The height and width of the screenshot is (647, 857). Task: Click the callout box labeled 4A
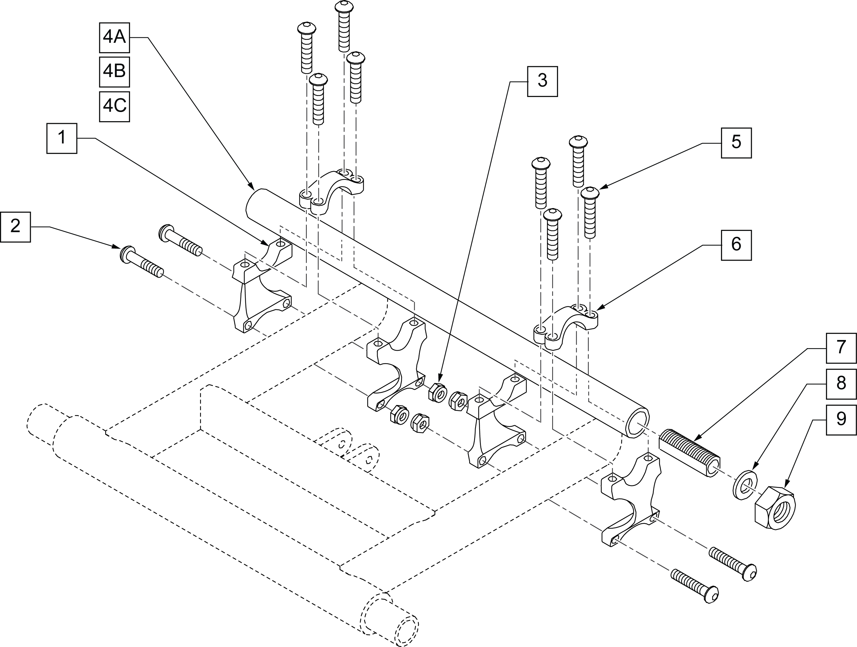pyautogui.click(x=114, y=38)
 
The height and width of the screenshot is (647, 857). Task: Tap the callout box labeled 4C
pyautogui.click(x=114, y=106)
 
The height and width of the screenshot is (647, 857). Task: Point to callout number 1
pyautogui.click(x=62, y=138)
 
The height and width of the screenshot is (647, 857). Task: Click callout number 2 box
pyautogui.click(x=15, y=227)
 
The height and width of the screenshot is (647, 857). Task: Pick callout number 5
pyautogui.click(x=736, y=143)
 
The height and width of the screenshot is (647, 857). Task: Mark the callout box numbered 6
pyautogui.click(x=736, y=245)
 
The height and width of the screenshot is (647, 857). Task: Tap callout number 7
pyautogui.click(x=841, y=348)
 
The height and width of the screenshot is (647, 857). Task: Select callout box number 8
pyautogui.click(x=841, y=384)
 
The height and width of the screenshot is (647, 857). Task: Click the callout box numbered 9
pyautogui.click(x=841, y=420)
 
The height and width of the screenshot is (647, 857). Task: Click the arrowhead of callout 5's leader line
pyautogui.click(x=600, y=188)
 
